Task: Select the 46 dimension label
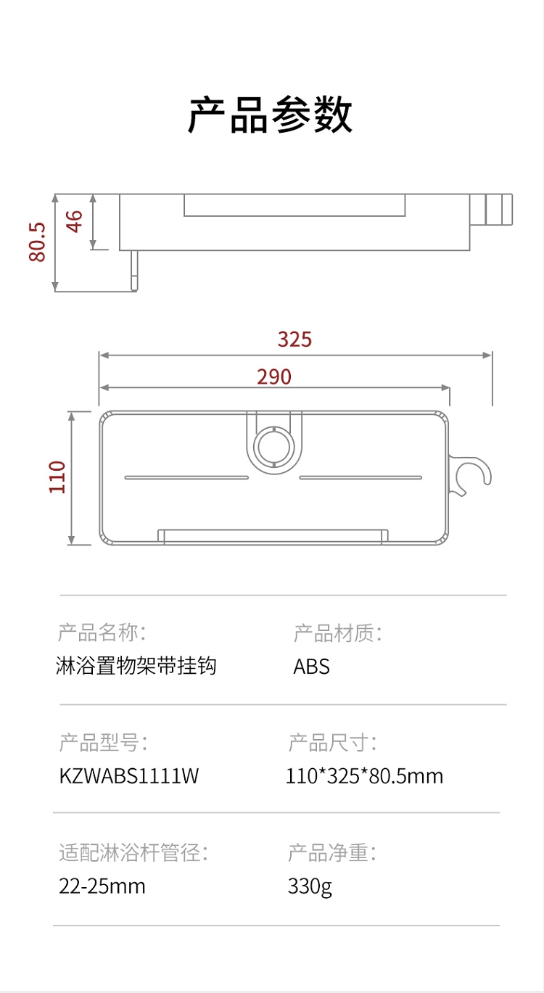75,221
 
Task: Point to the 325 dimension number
294,339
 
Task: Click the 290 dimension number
274,376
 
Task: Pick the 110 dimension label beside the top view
57,477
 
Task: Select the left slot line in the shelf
186,477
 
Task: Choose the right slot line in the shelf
360,477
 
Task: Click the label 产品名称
102,633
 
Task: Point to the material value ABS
311,667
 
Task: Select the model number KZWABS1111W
128,776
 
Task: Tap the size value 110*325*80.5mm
364,776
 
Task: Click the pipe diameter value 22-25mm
102,886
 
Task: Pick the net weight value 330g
310,886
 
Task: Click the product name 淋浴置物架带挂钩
136,667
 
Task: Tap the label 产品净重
331,852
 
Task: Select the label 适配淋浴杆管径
133,852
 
